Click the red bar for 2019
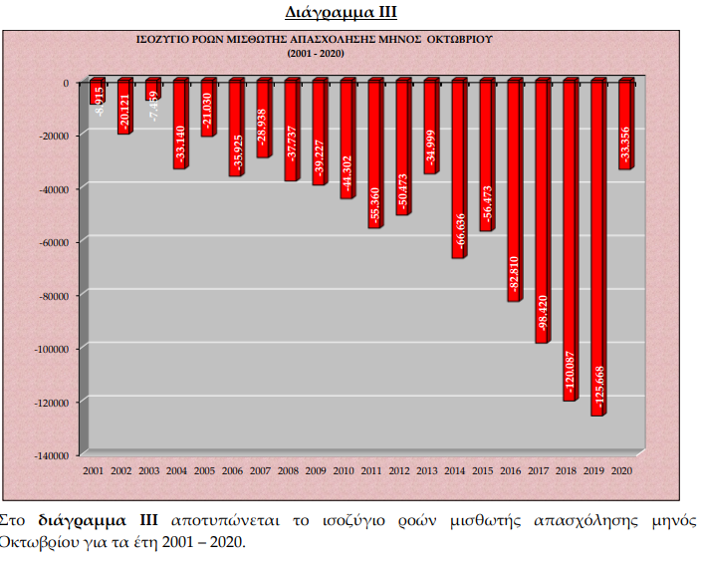pos(597,249)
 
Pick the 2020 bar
pos(625,125)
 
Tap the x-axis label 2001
pos(95,469)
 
